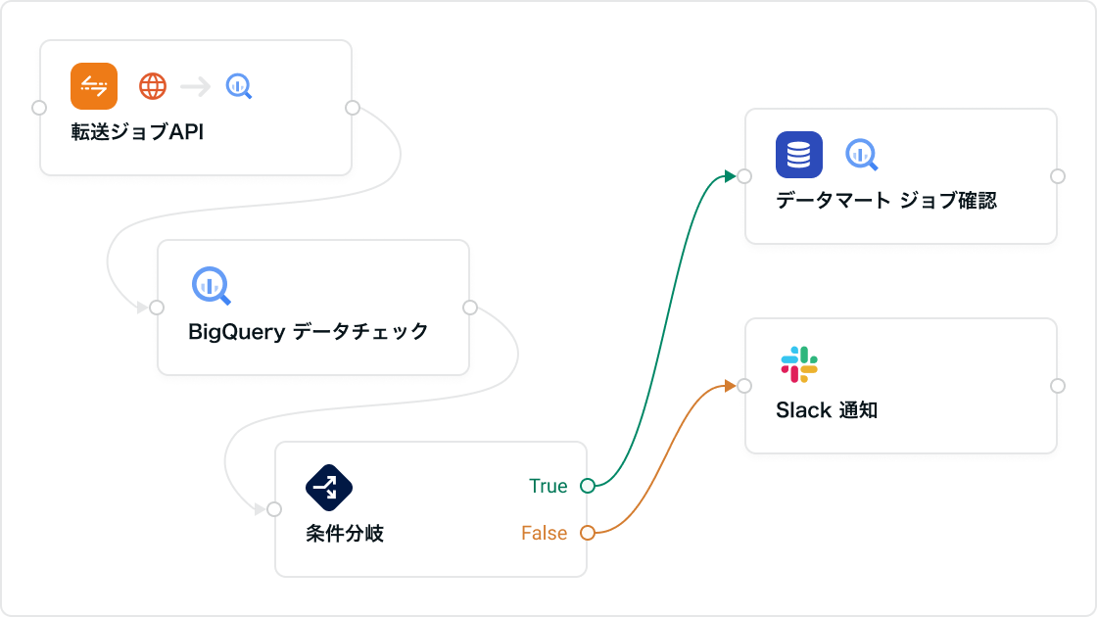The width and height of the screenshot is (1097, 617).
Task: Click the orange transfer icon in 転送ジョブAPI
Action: click(x=94, y=86)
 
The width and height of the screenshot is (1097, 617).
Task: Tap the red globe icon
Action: click(x=153, y=86)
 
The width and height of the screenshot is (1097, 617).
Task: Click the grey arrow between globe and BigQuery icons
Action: click(x=196, y=86)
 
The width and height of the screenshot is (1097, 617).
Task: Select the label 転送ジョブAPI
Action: click(x=137, y=132)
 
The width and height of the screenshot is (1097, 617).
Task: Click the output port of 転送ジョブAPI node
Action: click(x=353, y=108)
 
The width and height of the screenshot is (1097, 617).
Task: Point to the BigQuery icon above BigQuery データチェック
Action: click(x=211, y=285)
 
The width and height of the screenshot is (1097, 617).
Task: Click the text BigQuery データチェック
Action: click(x=309, y=332)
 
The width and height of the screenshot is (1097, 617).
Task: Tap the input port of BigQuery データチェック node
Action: click(x=157, y=308)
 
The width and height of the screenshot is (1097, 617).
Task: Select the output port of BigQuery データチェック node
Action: click(x=470, y=308)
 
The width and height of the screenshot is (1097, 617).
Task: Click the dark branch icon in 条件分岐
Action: click(x=329, y=486)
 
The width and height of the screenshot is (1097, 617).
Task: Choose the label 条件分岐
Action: click(x=345, y=534)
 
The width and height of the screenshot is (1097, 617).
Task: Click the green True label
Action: click(x=548, y=486)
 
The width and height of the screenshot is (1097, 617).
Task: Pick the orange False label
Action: click(x=545, y=533)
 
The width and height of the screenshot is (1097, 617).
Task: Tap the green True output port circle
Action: click(x=588, y=486)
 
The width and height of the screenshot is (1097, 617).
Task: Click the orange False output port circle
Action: click(x=588, y=533)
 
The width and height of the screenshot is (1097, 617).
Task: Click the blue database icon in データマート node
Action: click(x=799, y=155)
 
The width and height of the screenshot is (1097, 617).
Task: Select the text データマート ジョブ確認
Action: click(x=886, y=201)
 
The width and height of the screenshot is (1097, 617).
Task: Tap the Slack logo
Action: click(x=799, y=364)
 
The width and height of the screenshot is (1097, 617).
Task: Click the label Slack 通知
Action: click(x=827, y=410)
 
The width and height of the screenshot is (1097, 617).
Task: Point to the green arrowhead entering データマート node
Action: click(x=730, y=175)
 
